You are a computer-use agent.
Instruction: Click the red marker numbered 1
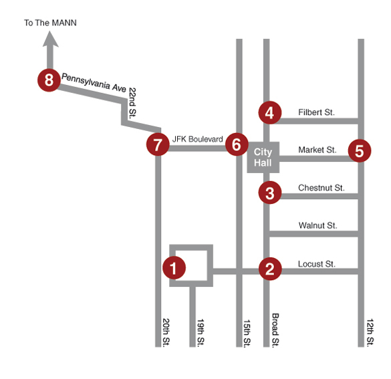[x=174, y=268]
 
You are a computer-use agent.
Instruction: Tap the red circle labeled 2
[x=270, y=269]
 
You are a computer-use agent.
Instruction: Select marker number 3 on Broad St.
[x=270, y=193]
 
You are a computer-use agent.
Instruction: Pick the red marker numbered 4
[x=270, y=113]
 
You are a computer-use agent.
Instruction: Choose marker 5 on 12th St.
[x=360, y=150]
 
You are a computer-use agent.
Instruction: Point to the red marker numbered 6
[x=237, y=144]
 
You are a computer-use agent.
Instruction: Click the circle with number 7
[x=158, y=144]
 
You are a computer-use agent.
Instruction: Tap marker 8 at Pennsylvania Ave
[x=49, y=80]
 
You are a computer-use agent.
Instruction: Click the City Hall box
[x=263, y=157]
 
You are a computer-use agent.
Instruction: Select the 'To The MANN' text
[x=50, y=23]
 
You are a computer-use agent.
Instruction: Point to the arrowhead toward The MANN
[x=51, y=39]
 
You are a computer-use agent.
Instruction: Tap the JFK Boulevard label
[x=197, y=139]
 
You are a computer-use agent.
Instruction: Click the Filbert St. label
[x=316, y=112]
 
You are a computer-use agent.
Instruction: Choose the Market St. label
[x=317, y=150]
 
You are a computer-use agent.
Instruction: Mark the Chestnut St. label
[x=321, y=188]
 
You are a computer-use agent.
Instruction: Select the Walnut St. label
[x=318, y=225]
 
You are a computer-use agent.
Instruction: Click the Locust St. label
[x=317, y=264]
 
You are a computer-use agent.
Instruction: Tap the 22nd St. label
[x=132, y=103]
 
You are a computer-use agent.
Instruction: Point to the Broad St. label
[x=275, y=330]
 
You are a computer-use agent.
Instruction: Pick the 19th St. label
[x=201, y=333]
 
